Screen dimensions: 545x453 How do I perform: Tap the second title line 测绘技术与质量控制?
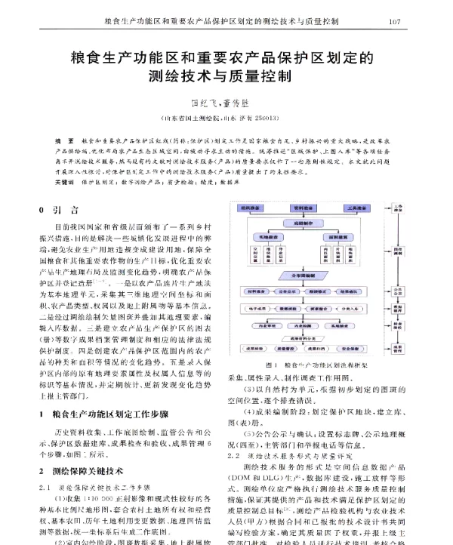coord(226,76)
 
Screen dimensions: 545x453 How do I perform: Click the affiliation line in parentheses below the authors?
coord(226,119)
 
